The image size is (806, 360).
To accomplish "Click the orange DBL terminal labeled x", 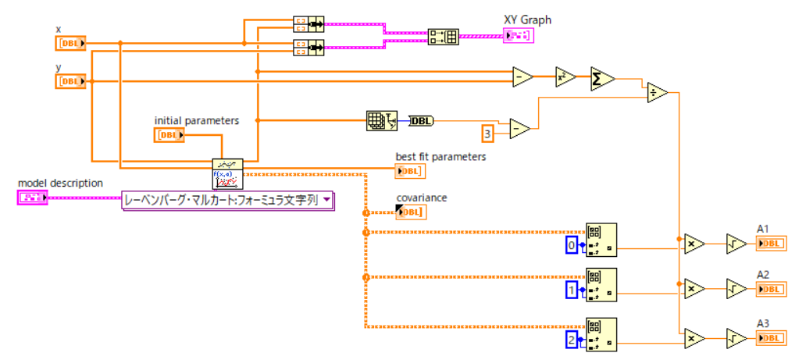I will (70, 43).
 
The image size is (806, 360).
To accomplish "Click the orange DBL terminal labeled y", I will (70, 81).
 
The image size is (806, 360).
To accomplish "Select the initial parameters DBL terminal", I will (169, 135).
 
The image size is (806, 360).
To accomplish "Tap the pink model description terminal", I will (32, 198).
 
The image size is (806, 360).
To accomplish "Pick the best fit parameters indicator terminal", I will (410, 170).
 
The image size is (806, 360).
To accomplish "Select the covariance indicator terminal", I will (410, 212).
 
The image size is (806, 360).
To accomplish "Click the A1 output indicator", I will (770, 243).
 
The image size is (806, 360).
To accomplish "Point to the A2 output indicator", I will (770, 289).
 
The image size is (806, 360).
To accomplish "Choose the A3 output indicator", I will (770, 337).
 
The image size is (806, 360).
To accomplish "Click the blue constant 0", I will (572, 246).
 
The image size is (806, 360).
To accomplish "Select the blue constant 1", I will (572, 291).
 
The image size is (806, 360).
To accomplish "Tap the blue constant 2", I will (572, 340).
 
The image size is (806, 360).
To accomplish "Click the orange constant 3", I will (488, 134).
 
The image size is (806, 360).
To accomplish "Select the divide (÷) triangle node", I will (656, 93).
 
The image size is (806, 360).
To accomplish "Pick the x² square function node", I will (564, 77).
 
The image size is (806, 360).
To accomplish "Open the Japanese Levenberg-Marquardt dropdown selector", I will (227, 201).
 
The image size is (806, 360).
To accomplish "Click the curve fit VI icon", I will (227, 173).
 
